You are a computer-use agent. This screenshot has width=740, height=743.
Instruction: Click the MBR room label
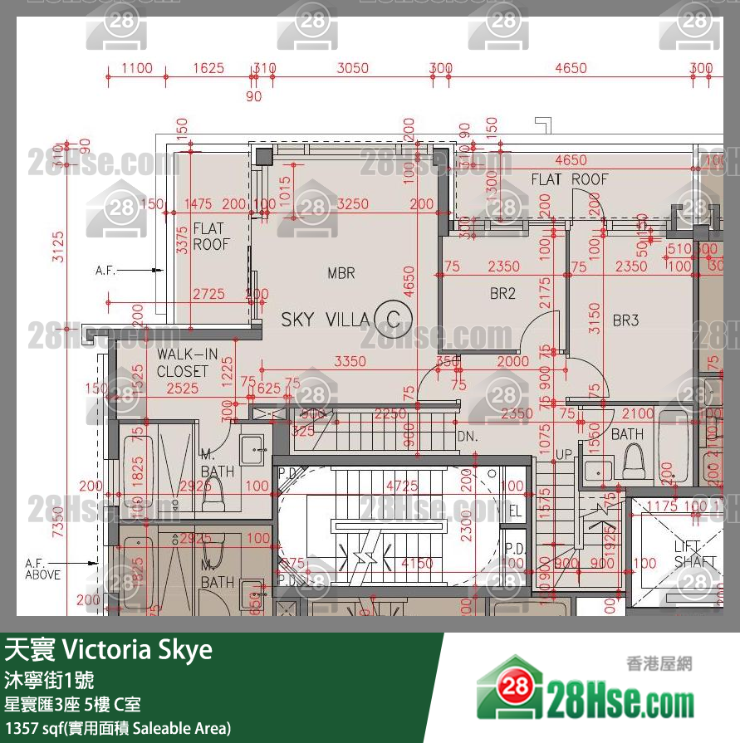341,273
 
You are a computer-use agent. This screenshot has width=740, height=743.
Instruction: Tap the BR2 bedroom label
502,293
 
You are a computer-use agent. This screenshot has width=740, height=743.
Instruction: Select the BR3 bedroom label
625,320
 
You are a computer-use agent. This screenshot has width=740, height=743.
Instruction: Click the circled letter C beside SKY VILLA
393,318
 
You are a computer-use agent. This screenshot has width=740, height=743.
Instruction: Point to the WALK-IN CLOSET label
187,363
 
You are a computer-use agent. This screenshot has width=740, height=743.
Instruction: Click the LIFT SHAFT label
694,554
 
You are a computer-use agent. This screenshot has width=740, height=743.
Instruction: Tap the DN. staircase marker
467,437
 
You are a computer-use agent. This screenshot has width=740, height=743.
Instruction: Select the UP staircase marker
563,456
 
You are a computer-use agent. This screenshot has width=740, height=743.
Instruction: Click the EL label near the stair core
514,511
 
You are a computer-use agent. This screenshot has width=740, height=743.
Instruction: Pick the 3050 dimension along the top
352,68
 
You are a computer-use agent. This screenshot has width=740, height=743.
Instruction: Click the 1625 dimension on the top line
208,68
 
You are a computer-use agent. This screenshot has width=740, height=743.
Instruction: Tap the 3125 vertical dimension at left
57,247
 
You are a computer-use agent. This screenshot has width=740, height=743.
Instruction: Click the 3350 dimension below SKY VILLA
350,361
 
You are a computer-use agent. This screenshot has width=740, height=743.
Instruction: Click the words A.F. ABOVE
42,568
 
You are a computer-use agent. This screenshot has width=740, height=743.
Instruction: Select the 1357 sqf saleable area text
117,728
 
